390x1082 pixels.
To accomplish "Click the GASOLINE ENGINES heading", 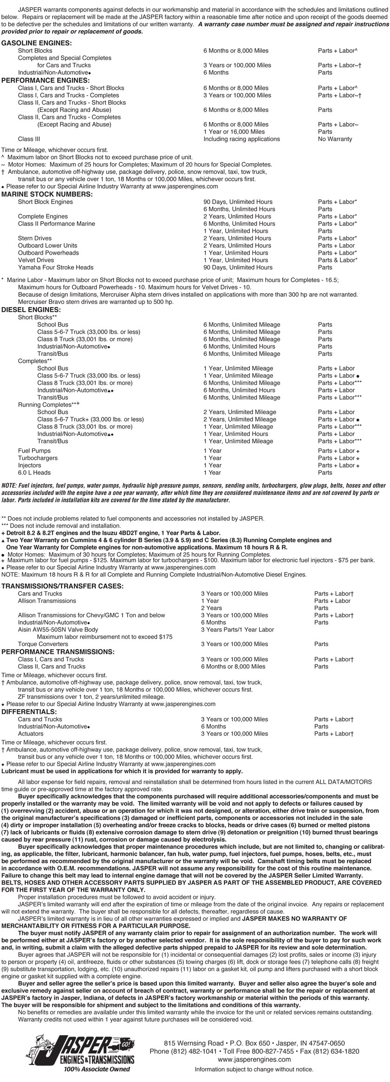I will (x=37, y=43).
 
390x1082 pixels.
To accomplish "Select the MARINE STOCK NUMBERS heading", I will (x=47, y=194).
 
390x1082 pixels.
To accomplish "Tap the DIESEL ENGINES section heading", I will (x=31, y=310).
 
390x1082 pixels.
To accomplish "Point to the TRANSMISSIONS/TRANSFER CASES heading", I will (x=62, y=586).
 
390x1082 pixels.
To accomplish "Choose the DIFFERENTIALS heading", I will (x=29, y=711).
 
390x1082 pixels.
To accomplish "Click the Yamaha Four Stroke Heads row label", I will (x=55, y=267).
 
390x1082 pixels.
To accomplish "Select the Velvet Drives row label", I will (x=36, y=260).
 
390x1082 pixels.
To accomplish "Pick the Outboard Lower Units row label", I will (x=47, y=245).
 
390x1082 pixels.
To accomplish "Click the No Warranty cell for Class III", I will (x=335, y=139).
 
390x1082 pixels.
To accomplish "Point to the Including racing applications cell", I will (x=241, y=139).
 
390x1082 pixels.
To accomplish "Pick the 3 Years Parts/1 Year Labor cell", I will (x=237, y=629).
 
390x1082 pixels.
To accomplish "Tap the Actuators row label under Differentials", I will (x=31, y=734).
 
